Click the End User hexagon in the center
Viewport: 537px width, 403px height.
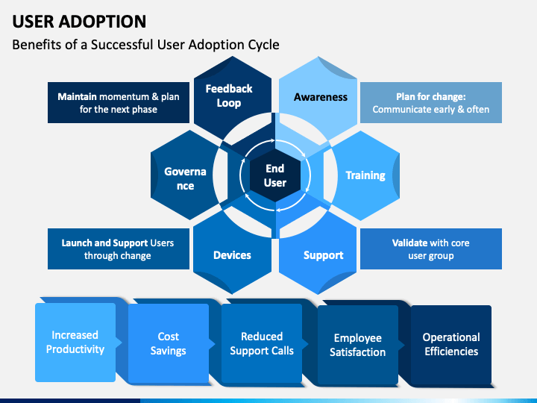pyautogui.click(x=275, y=175)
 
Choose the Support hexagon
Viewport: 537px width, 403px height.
pyautogui.click(x=318, y=253)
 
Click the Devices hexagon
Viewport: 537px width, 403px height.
pyautogui.click(x=233, y=253)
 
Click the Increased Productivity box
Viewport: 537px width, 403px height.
pyautogui.click(x=75, y=342)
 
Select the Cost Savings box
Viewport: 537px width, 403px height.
pyautogui.click(x=168, y=343)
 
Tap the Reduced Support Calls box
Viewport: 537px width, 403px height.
pyautogui.click(x=262, y=343)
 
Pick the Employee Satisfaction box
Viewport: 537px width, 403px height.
pyautogui.click(x=358, y=345)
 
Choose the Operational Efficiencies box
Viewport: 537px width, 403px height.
pyautogui.click(x=451, y=344)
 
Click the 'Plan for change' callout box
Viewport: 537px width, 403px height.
pyautogui.click(x=431, y=102)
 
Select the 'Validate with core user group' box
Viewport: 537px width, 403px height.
pyautogui.click(x=431, y=249)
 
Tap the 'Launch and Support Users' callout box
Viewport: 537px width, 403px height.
pyautogui.click(x=118, y=249)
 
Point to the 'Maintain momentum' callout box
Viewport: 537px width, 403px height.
pyautogui.click(x=118, y=102)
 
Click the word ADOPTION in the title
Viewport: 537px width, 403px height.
pyautogui.click(x=102, y=21)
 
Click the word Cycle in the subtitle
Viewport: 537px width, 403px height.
pyautogui.click(x=264, y=45)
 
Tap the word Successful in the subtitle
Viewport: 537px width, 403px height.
pyautogui.click(x=122, y=45)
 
